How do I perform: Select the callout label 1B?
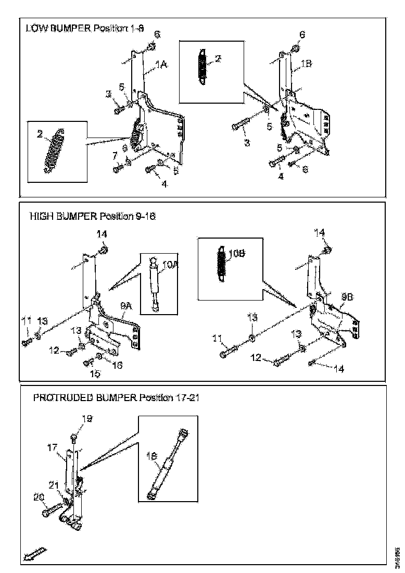(306, 65)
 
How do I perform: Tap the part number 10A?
(170, 265)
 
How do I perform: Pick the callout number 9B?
(347, 296)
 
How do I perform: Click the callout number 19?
(87, 418)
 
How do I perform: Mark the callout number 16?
(118, 366)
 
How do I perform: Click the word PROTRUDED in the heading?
(63, 398)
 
